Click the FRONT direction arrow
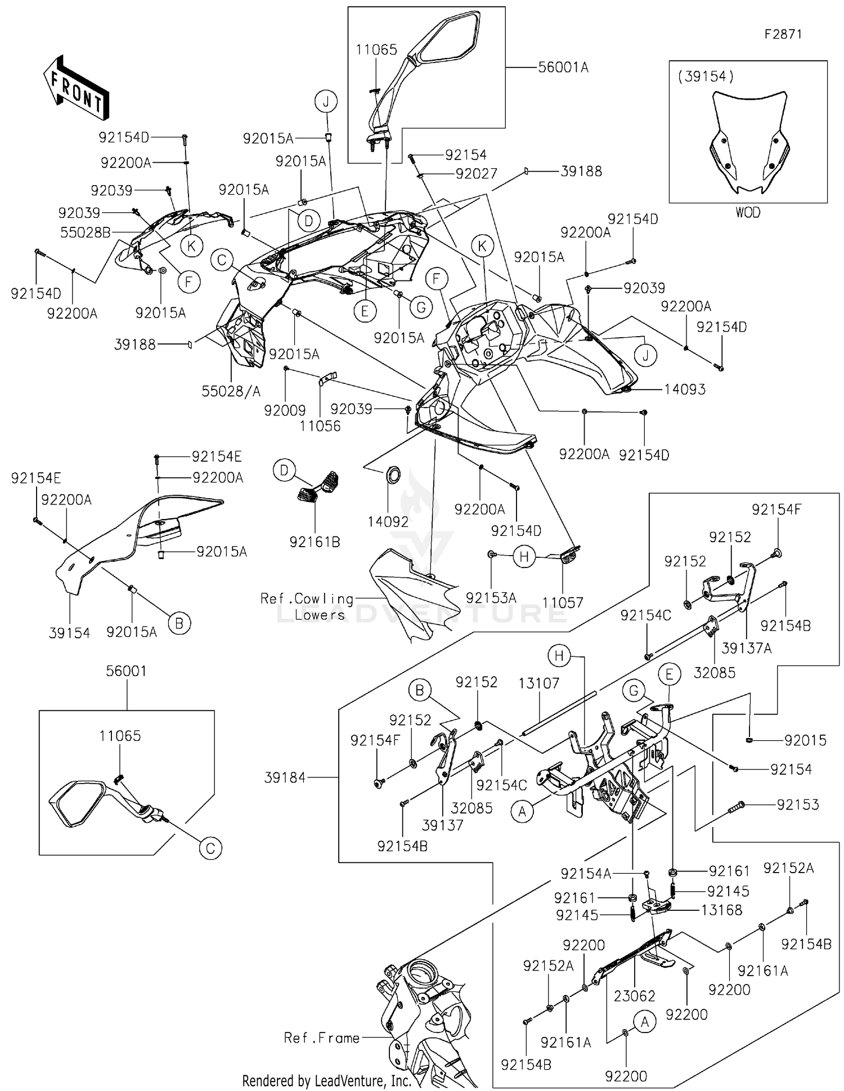(76, 87)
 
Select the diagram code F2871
(783, 34)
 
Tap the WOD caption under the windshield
(748, 212)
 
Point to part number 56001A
(563, 68)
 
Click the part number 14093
(685, 389)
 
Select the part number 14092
(388, 522)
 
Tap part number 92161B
(315, 542)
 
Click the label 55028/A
(231, 391)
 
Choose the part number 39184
(285, 777)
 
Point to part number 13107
(539, 683)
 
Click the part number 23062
(635, 996)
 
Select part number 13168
(721, 910)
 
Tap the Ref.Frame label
(322, 1038)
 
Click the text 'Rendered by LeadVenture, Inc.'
(327, 1080)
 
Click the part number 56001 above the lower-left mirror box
(127, 671)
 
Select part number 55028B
(86, 232)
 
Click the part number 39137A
(747, 649)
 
